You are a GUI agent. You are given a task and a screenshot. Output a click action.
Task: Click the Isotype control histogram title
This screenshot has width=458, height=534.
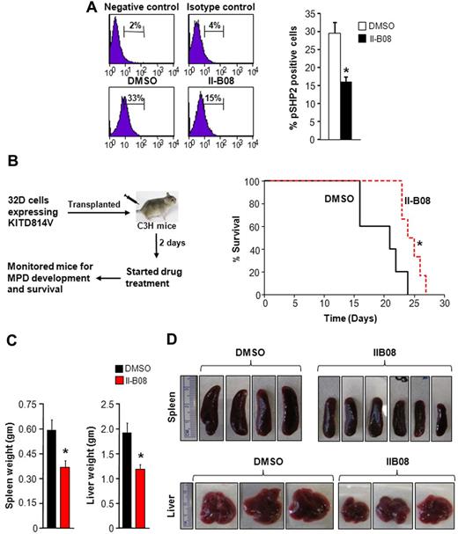[219, 8]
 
